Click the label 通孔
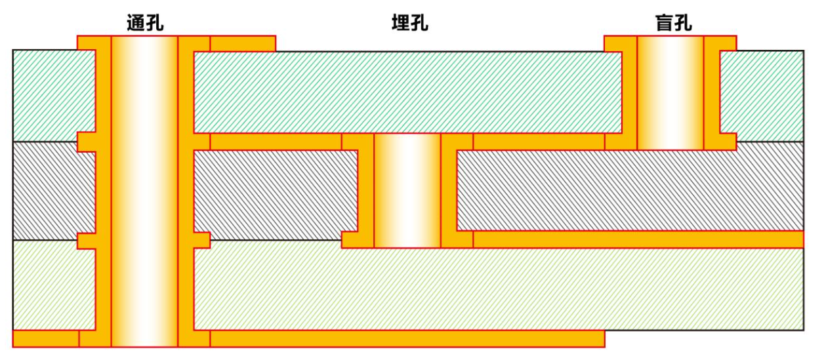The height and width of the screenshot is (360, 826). point(144,24)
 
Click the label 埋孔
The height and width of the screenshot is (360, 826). point(409,24)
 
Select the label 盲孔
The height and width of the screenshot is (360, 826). point(673,24)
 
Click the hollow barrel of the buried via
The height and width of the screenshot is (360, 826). point(407,190)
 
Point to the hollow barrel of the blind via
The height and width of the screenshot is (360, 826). point(670,92)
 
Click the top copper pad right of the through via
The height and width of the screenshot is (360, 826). point(242,43)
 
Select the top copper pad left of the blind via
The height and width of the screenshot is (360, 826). point(619,43)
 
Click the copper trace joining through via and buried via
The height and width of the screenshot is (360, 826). point(276,142)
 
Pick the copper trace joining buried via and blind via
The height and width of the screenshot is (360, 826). point(538,142)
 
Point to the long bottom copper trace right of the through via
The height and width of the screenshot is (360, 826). point(407,338)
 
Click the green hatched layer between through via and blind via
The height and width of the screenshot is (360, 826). point(407,92)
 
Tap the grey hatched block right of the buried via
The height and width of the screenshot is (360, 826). point(630,190)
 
